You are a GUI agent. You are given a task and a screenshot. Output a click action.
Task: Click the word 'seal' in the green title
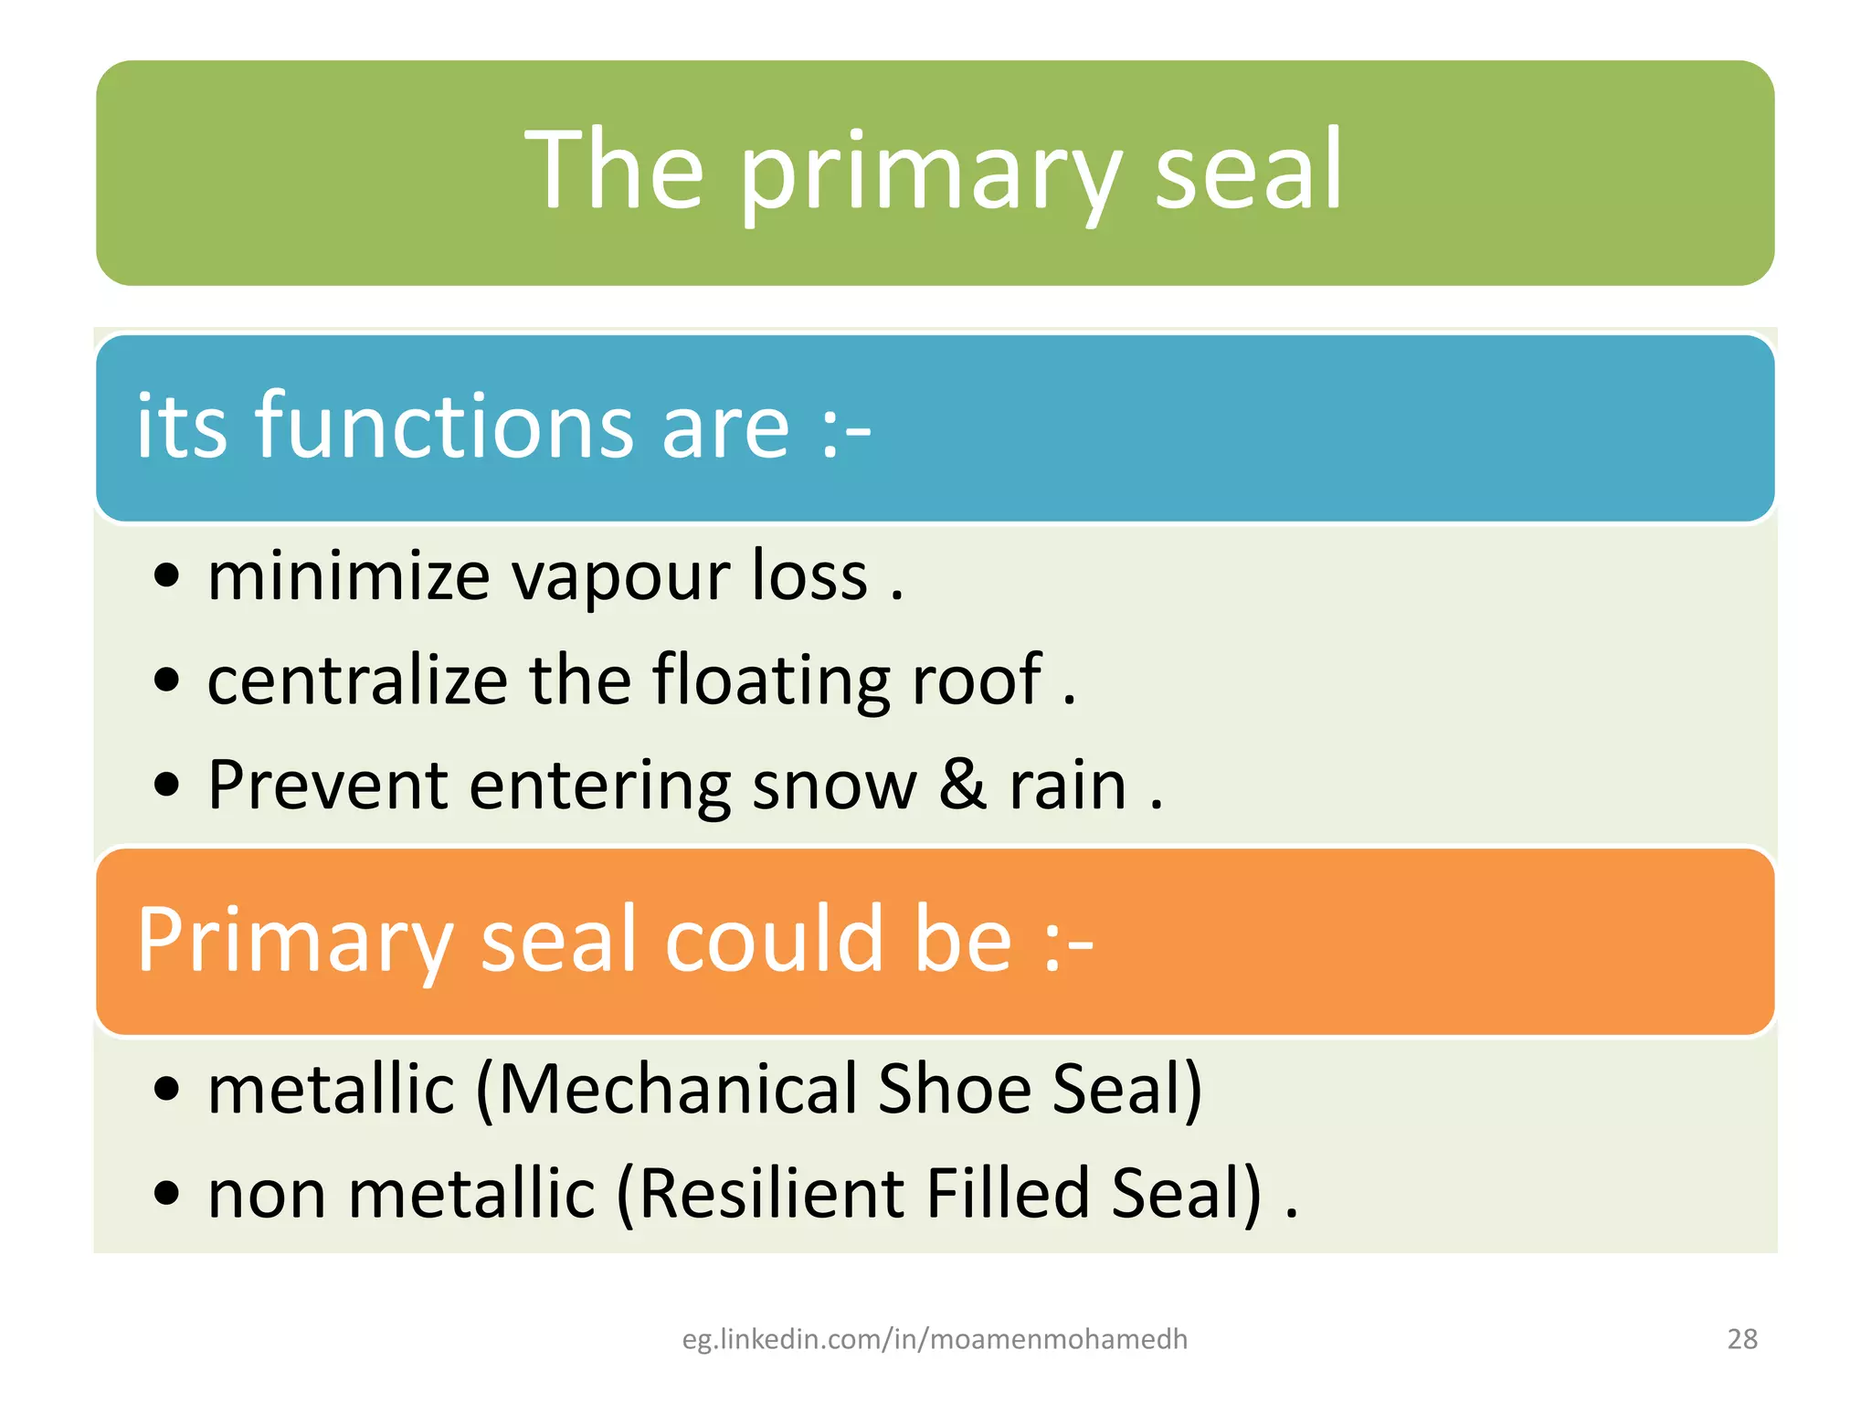(x=1248, y=171)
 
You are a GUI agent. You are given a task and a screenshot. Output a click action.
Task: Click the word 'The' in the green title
(x=614, y=171)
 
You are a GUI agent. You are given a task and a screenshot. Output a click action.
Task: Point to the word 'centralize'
(x=357, y=680)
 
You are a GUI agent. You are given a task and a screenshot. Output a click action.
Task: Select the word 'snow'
(x=834, y=786)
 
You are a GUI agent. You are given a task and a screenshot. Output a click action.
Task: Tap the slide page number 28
(x=1742, y=1339)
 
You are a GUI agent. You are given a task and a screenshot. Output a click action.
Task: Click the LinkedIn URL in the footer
(x=935, y=1339)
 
